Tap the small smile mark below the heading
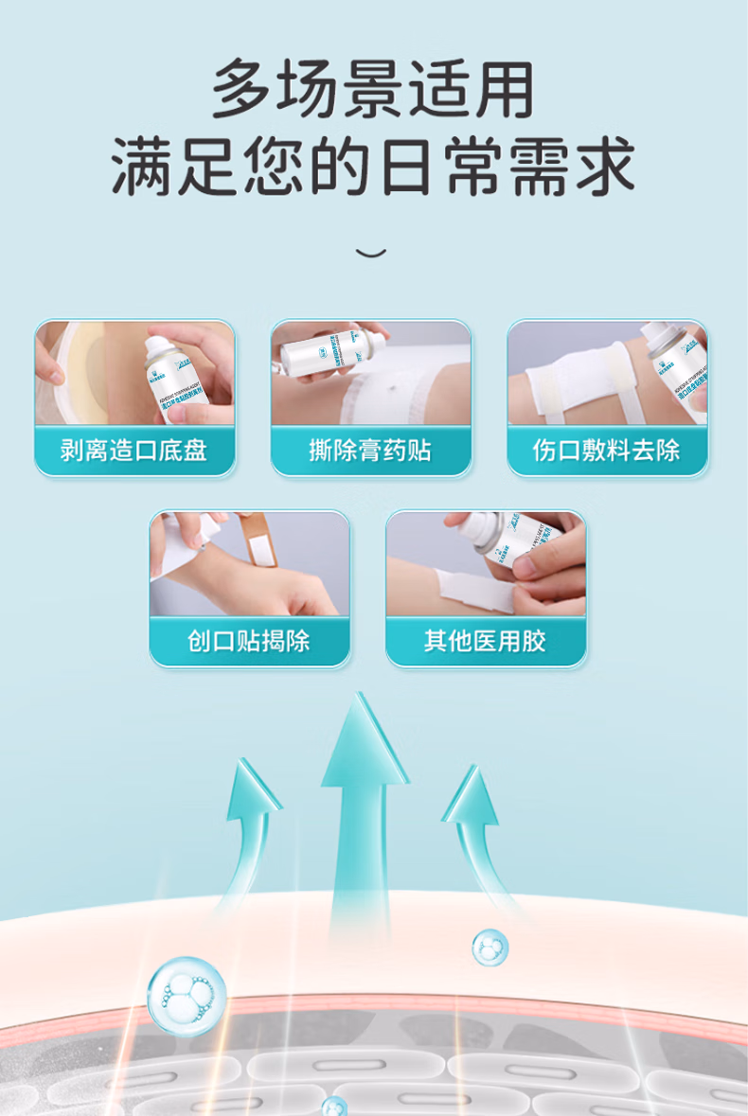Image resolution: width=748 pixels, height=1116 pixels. tap(371, 253)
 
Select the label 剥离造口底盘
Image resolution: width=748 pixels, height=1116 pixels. tap(134, 450)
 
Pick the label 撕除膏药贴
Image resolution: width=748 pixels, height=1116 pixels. tap(370, 450)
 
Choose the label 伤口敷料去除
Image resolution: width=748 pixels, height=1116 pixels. tap(606, 450)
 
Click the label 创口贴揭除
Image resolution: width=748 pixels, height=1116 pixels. tap(249, 641)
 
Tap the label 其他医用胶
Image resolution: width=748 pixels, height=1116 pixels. tap(485, 641)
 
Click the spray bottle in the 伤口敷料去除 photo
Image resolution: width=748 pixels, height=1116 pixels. tap(674, 364)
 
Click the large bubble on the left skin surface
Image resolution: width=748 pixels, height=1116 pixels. tap(187, 995)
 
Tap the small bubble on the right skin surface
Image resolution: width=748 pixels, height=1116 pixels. tap(490, 947)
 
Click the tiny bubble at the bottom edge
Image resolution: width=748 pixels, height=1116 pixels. tap(333, 1106)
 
